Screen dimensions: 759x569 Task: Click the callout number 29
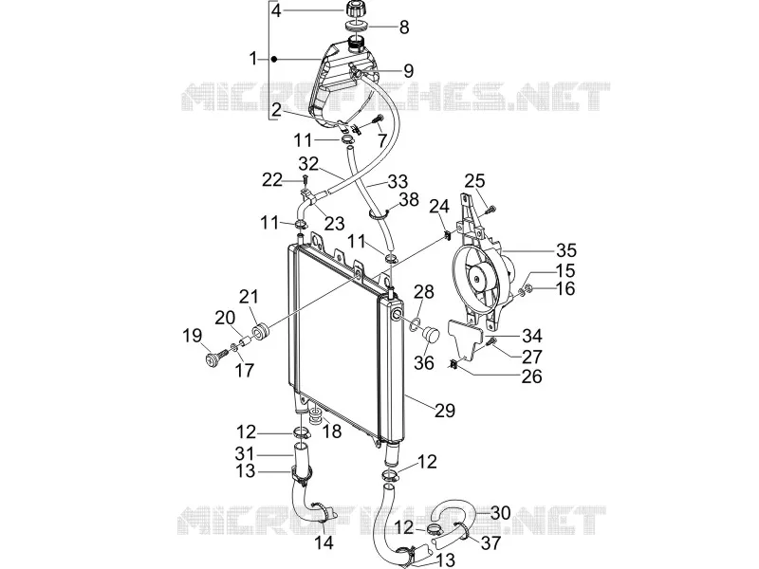[445, 411]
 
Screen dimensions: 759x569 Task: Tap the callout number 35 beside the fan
[566, 250]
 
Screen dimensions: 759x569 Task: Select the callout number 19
[192, 336]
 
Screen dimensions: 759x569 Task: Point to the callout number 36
[424, 363]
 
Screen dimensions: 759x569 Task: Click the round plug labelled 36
[431, 335]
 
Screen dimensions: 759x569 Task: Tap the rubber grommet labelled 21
[261, 333]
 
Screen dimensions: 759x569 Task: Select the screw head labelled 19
[211, 359]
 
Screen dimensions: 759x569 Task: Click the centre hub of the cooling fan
[478, 278]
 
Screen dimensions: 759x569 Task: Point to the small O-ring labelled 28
[415, 324]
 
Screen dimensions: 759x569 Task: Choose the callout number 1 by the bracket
[253, 59]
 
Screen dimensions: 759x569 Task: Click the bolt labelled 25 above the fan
[491, 209]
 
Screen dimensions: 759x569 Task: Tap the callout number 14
[324, 542]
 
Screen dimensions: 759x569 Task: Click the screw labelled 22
[305, 180]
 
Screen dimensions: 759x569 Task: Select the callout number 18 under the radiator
[331, 431]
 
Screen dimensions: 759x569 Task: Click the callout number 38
[409, 199]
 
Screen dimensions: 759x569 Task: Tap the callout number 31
[245, 454]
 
